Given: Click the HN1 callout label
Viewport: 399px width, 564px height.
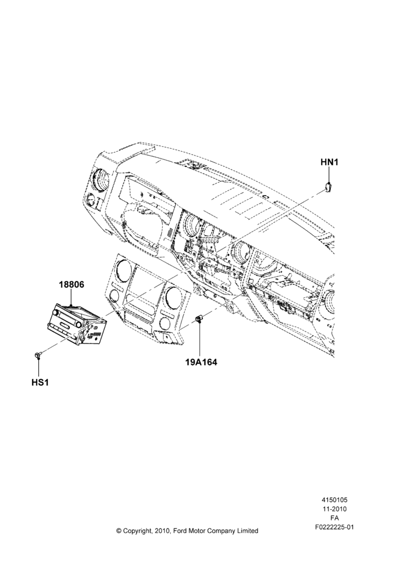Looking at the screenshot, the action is point(329,162).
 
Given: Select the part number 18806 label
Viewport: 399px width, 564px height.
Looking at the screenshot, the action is point(72,284).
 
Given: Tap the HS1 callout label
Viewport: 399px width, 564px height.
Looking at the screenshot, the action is point(40,382).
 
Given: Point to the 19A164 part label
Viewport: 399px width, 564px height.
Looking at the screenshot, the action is point(201,362).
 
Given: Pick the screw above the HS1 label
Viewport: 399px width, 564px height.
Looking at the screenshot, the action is point(38,355).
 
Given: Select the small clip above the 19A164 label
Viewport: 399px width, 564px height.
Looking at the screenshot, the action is point(198,318).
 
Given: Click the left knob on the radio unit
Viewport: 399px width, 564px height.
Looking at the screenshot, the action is point(56,312).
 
